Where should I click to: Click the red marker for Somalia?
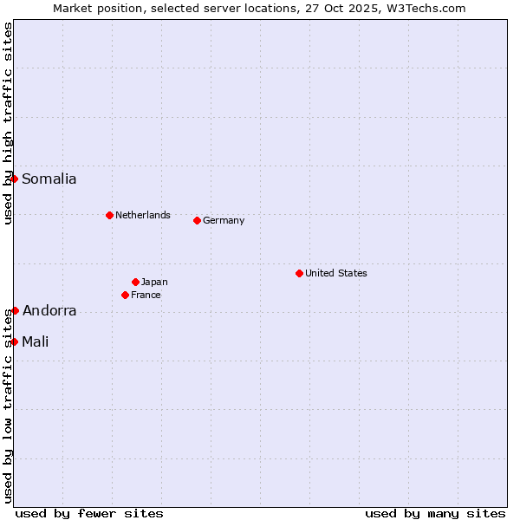coord(15,179)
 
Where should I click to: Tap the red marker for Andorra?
coord(15,310)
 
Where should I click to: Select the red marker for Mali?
coord(15,341)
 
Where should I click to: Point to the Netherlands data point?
coord(109,215)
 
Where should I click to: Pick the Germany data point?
coord(197,220)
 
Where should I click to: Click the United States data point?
coord(299,273)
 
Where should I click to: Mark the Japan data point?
coord(135,282)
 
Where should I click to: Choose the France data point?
coord(126,295)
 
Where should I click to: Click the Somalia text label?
coord(49,179)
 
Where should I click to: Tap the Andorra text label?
coord(49,311)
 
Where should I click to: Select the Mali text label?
coord(36,342)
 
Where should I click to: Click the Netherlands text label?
coord(143,215)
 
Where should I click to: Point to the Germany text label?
coord(224,220)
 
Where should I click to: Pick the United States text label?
coord(336,273)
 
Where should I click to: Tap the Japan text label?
coord(154,282)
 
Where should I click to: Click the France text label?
coord(146,295)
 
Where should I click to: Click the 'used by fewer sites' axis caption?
coord(89,513)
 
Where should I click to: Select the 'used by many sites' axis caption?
coord(435,513)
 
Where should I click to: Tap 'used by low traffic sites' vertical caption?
coord(8,407)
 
